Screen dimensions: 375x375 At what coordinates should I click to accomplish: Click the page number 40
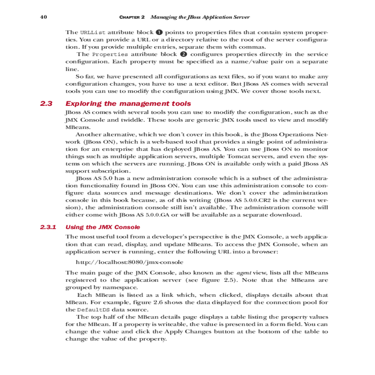pyautogui.click(x=43, y=17)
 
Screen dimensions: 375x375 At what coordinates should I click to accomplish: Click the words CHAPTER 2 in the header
pyautogui.click(x=132, y=17)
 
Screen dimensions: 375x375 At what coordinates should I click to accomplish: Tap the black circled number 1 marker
pyautogui.click(x=159, y=32)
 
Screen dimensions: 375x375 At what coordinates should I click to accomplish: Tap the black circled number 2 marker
pyautogui.click(x=184, y=54)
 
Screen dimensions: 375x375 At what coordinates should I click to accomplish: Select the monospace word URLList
pyautogui.click(x=93, y=32)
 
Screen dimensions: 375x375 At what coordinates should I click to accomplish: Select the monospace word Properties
pyautogui.click(x=110, y=54)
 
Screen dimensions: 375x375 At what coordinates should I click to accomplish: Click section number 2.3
pyautogui.click(x=46, y=103)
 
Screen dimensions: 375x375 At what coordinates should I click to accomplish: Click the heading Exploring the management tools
pyautogui.click(x=128, y=103)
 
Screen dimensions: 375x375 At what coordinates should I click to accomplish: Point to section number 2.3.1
pyautogui.click(x=48, y=227)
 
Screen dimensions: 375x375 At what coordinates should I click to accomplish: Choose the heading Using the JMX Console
pyautogui.click(x=102, y=227)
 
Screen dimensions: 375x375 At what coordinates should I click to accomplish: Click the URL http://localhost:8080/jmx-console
pyautogui.click(x=129, y=262)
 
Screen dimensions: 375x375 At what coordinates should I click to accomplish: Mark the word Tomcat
pyautogui.click(x=238, y=157)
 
